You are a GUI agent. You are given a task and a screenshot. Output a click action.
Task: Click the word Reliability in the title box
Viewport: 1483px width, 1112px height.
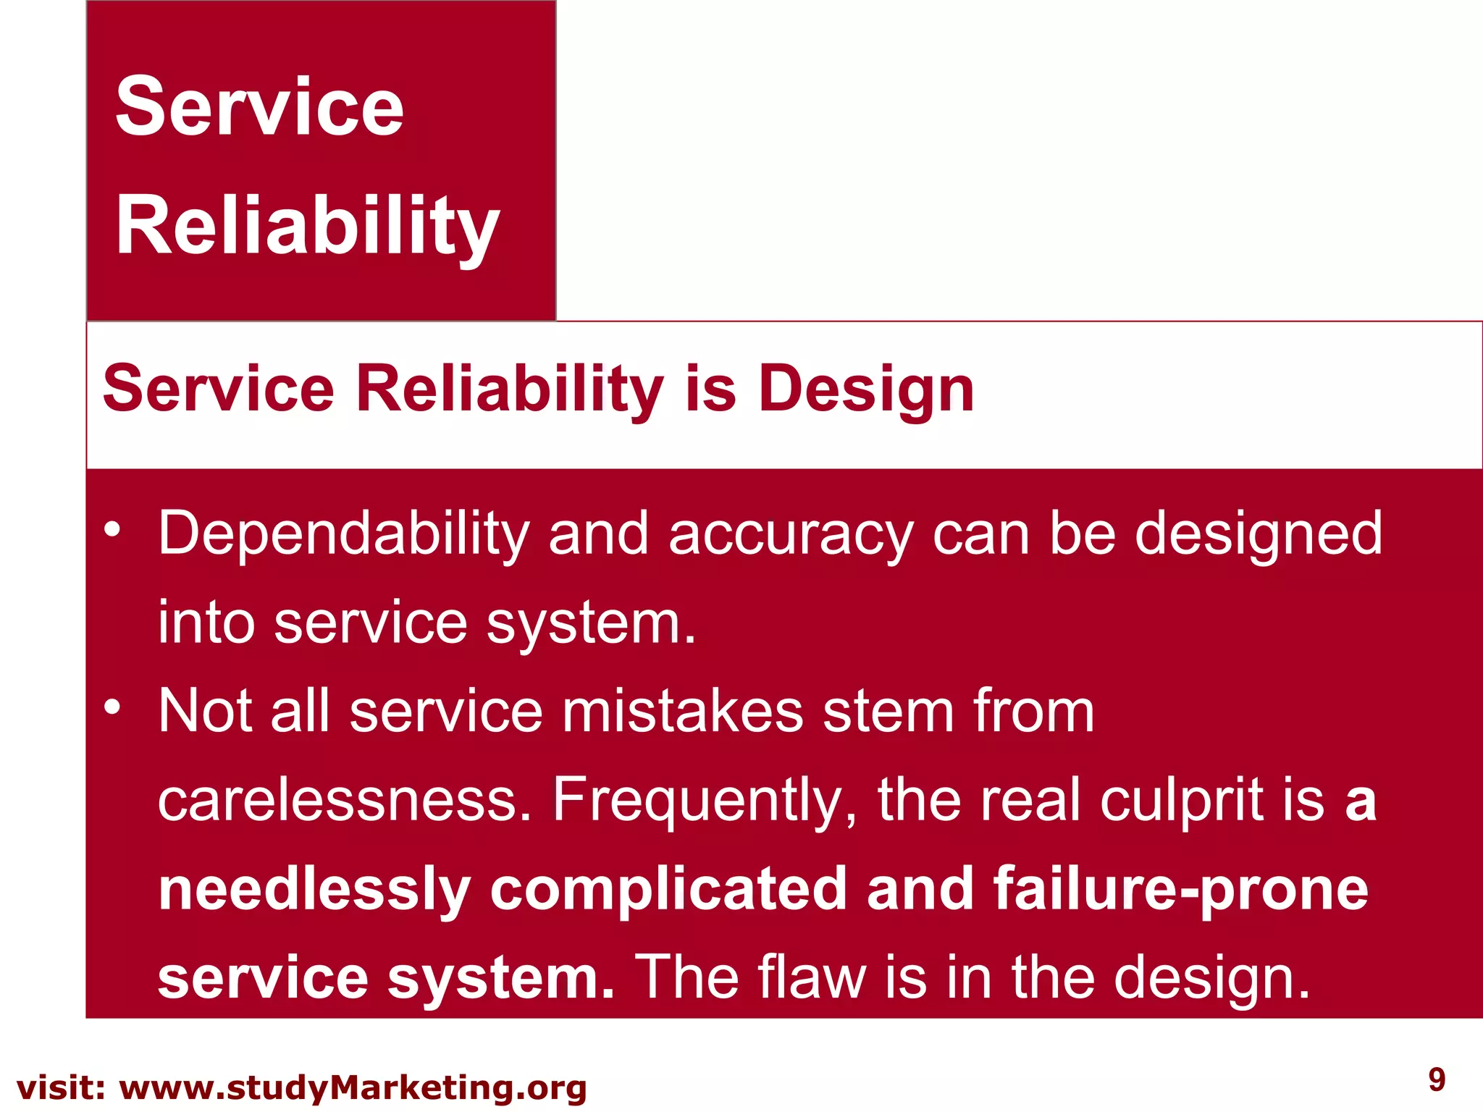(x=308, y=227)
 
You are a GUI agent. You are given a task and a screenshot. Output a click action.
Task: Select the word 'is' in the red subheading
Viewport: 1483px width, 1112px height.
(x=710, y=389)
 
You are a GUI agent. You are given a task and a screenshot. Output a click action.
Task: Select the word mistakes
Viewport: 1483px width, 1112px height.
(x=682, y=711)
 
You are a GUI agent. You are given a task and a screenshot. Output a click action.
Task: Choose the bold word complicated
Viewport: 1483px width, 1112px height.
(x=668, y=890)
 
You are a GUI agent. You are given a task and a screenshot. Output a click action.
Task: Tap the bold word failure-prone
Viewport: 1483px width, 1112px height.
(x=1180, y=890)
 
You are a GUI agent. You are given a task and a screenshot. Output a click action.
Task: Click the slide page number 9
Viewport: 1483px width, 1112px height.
(x=1437, y=1079)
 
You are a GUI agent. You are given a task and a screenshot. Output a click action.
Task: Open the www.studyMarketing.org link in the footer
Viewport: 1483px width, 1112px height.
(x=353, y=1088)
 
